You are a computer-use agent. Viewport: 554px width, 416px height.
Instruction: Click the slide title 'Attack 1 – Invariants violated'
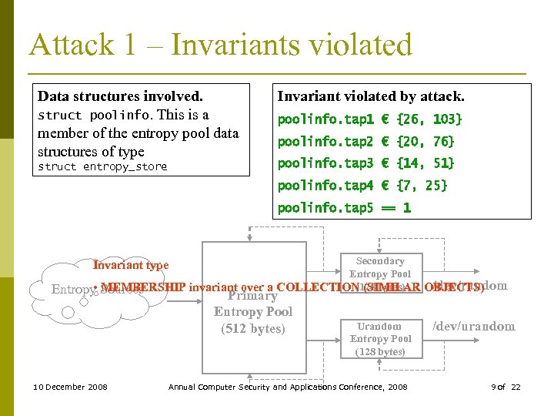[221, 45]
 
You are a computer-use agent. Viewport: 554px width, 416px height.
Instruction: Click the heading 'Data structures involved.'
[120, 96]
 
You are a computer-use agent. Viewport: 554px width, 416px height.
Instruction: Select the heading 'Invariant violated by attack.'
[370, 96]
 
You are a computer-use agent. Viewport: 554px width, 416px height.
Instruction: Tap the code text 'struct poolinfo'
[93, 116]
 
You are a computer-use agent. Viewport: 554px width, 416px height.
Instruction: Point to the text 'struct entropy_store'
[102, 166]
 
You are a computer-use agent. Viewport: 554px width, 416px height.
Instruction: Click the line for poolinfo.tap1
[369, 119]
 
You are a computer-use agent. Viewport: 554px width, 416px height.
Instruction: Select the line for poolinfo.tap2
[365, 142]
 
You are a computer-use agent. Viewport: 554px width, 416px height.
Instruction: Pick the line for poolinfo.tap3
[365, 163]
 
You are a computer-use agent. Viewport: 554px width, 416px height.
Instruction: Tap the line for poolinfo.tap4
[362, 186]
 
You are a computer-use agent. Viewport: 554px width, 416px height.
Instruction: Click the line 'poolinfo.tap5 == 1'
[344, 208]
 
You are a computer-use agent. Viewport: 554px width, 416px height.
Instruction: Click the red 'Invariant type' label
[131, 266]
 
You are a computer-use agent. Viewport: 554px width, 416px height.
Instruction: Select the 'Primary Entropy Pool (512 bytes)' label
[253, 312]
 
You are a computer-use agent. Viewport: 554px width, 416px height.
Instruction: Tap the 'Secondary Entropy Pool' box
[380, 270]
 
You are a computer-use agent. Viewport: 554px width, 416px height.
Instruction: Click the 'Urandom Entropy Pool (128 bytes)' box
[380, 339]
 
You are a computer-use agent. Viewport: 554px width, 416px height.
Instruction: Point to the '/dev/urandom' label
[473, 327]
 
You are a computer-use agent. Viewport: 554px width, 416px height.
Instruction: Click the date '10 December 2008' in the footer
[71, 387]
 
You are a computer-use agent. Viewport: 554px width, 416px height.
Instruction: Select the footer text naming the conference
[288, 387]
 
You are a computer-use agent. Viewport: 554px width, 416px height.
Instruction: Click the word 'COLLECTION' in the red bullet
[315, 287]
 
